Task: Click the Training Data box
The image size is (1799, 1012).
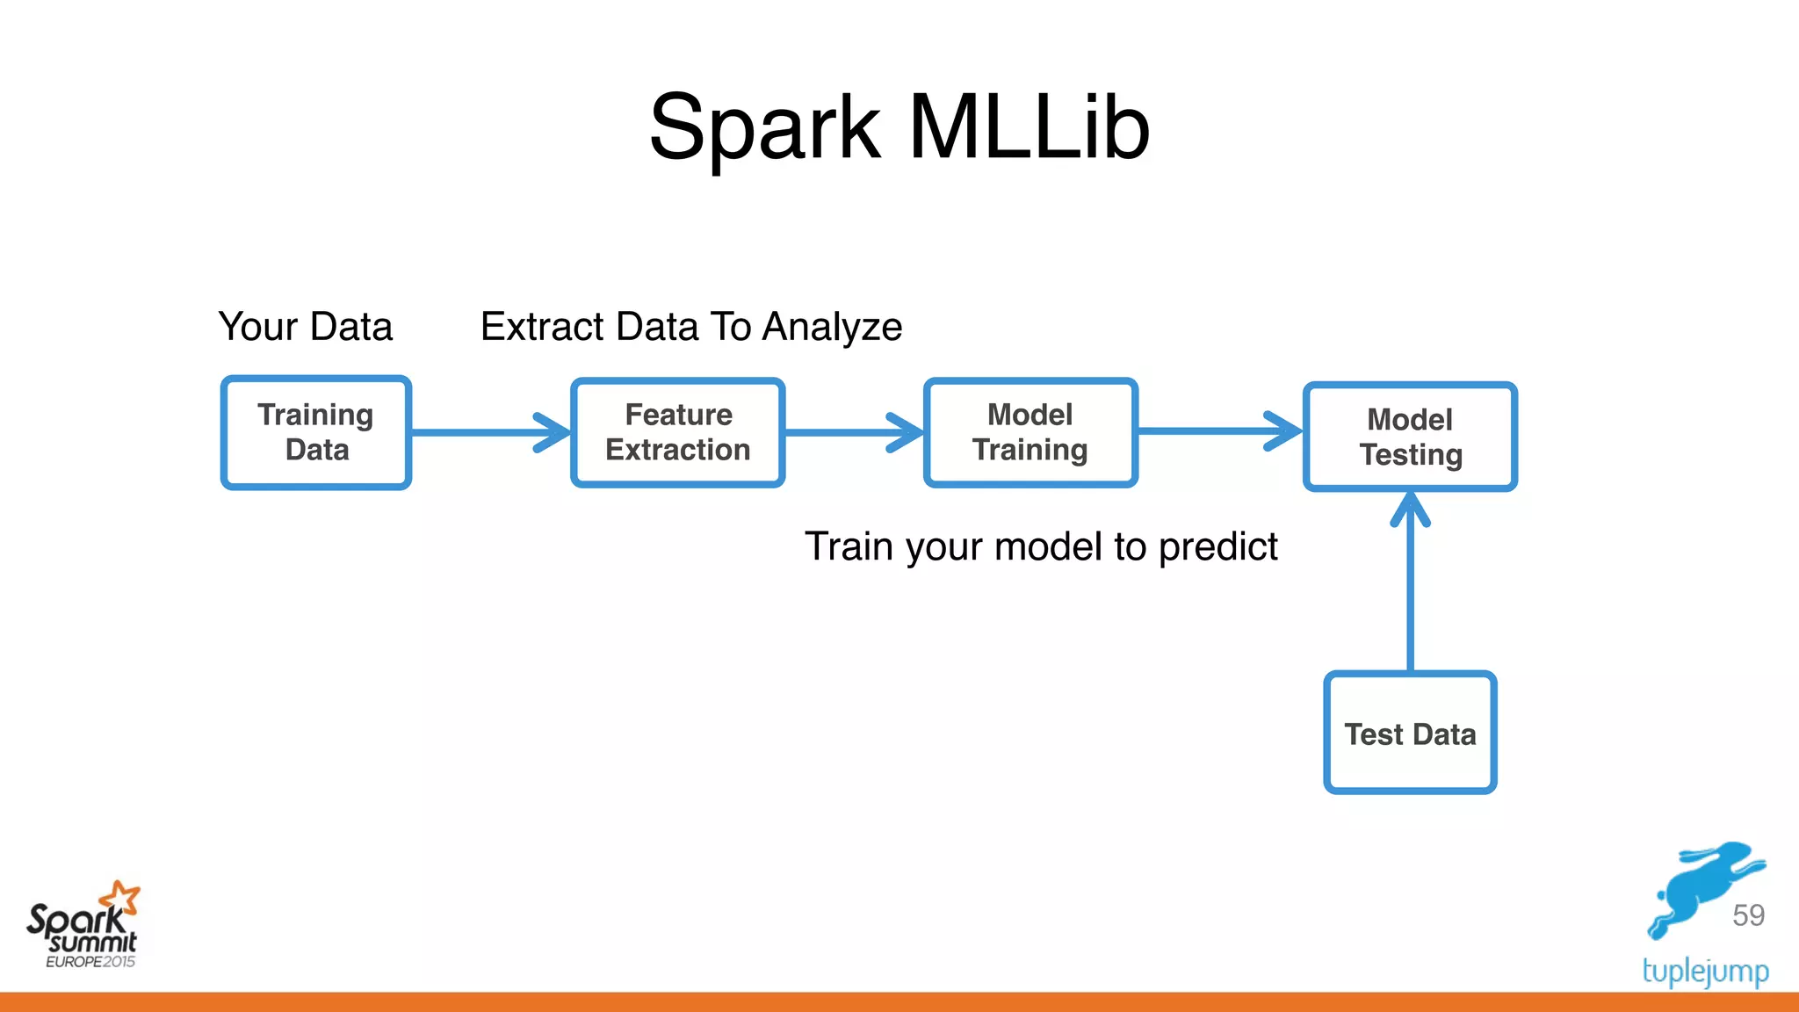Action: pos(316,432)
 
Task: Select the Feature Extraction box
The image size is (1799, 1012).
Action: pos(677,432)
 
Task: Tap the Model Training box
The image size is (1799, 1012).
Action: pos(1030,432)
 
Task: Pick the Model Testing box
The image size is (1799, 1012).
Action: pos(1410,437)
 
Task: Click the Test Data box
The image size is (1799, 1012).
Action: pos(1410,734)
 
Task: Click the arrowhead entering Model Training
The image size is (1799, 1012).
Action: pos(908,432)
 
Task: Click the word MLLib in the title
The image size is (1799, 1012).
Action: pos(1029,128)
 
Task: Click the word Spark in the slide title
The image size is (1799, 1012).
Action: pos(764,128)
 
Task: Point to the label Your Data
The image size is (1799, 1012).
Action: pos(305,327)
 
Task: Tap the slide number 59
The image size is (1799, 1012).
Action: pos(1748,915)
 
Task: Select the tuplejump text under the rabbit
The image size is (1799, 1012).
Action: pos(1705,972)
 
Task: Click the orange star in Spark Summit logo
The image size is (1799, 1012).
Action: pos(121,898)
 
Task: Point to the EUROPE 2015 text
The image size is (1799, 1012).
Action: pos(90,962)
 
